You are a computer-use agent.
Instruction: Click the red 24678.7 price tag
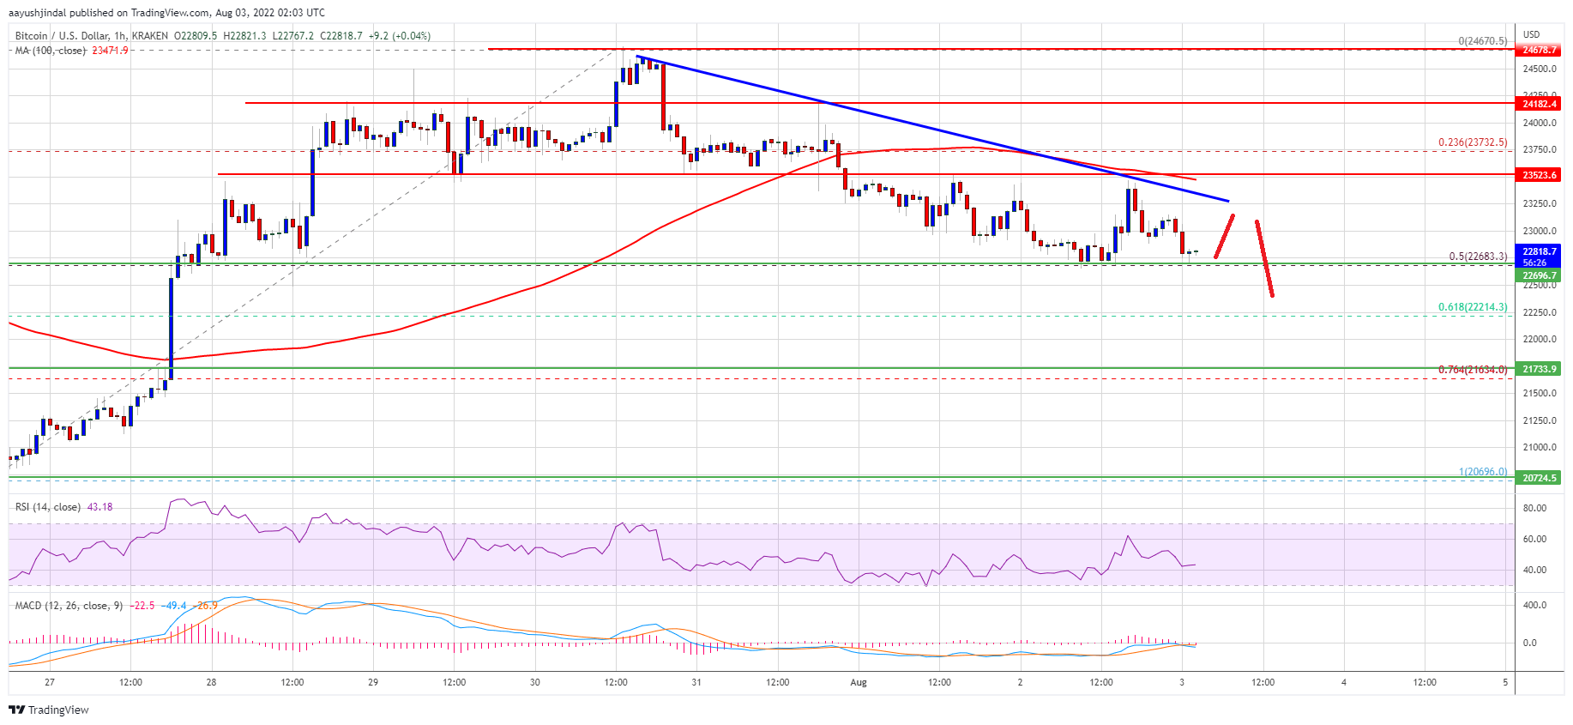point(1540,50)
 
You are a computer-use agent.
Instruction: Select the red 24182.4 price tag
point(1540,104)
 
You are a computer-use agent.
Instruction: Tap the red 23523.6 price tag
point(1540,175)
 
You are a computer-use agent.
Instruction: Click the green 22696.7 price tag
point(1540,275)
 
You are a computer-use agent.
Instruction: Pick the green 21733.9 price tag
point(1540,369)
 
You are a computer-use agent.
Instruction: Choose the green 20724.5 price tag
point(1540,478)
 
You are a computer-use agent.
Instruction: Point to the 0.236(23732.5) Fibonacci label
point(1472,142)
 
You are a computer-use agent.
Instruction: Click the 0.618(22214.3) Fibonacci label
point(1472,307)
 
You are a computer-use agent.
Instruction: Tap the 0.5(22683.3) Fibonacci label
point(1477,257)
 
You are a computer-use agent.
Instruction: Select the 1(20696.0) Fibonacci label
point(1482,472)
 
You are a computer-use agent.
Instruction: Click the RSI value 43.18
point(100,507)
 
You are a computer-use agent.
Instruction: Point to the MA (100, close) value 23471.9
point(110,51)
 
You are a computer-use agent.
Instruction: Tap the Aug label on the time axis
point(859,683)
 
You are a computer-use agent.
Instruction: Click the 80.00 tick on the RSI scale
point(1534,508)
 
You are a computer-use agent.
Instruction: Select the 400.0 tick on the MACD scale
point(1534,605)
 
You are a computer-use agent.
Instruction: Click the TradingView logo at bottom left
point(49,710)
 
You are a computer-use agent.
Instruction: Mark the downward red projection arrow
point(1264,258)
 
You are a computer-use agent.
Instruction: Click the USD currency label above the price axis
point(1531,34)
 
